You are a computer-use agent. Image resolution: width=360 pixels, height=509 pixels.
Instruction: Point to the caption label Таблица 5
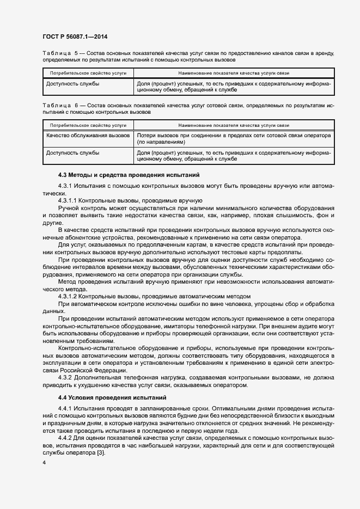point(60,53)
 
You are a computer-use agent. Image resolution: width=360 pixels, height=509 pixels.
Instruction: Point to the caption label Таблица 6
point(60,105)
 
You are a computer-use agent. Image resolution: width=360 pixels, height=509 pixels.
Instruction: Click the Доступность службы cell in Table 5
point(72,84)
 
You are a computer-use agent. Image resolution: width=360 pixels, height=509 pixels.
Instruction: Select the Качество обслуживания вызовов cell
point(88,135)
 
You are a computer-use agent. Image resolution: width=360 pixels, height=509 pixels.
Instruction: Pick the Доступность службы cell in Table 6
point(72,153)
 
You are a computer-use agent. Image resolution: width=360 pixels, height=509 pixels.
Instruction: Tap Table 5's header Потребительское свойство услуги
point(88,72)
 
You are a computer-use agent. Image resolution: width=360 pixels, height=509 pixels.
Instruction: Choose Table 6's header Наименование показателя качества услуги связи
point(234,125)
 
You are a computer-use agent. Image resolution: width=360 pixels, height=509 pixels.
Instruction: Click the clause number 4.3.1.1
point(68,201)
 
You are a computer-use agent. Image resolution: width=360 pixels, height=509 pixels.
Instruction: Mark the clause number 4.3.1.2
point(68,296)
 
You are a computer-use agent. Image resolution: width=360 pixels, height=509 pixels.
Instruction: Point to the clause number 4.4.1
point(66,408)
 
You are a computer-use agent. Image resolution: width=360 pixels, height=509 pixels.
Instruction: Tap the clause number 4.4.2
point(66,437)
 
